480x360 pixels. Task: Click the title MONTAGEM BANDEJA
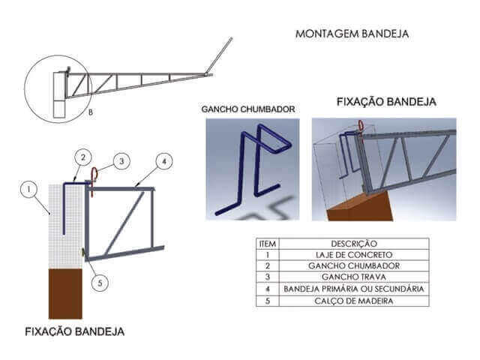point(351,34)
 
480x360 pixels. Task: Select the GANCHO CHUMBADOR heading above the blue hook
point(247,109)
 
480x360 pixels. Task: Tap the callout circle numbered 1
point(28,190)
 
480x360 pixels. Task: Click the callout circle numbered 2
point(82,157)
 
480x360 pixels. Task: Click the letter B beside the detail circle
point(90,112)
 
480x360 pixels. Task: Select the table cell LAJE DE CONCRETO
point(353,255)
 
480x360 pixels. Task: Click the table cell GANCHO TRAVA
point(353,277)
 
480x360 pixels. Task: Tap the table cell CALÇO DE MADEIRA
point(353,301)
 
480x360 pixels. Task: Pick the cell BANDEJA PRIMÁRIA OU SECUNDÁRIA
point(353,289)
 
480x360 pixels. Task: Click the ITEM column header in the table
point(267,244)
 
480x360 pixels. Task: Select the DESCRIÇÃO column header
point(353,244)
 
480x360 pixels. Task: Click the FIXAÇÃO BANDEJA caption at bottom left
point(74,331)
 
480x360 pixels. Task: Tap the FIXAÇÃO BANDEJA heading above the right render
point(386,101)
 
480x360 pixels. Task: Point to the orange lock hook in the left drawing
point(94,176)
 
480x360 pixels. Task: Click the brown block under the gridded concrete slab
point(65,293)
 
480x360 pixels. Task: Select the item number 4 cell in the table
point(267,289)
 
